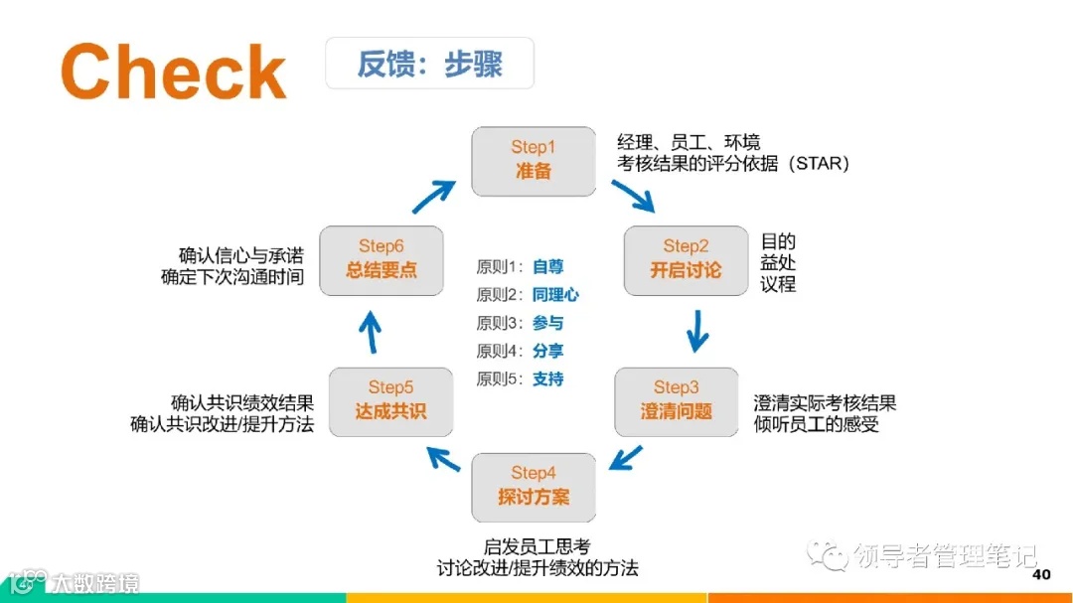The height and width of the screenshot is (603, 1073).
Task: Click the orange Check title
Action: tap(174, 72)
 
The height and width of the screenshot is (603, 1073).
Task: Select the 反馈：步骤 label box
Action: tap(429, 64)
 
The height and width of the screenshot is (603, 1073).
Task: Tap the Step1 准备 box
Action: tap(534, 160)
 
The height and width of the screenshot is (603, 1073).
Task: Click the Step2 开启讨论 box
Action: tap(686, 259)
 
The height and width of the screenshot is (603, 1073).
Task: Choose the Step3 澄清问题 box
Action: tap(676, 400)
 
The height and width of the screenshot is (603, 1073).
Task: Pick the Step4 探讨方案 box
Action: tap(534, 486)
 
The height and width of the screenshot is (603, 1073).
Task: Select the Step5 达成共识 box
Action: tap(390, 400)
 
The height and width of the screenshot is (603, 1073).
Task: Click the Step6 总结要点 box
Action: tap(382, 259)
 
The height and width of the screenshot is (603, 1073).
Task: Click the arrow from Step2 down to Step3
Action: tap(697, 331)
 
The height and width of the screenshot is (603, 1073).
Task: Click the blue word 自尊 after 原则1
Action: tap(547, 267)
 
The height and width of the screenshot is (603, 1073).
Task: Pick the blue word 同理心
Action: tap(555, 295)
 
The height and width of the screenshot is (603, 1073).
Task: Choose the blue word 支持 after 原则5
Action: tap(547, 378)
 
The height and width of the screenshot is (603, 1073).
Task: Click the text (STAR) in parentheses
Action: tap(821, 164)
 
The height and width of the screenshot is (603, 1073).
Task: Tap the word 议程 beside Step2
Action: tap(778, 284)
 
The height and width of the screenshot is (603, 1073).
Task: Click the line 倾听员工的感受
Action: tap(817, 425)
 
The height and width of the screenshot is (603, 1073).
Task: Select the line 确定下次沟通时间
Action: tap(232, 277)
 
